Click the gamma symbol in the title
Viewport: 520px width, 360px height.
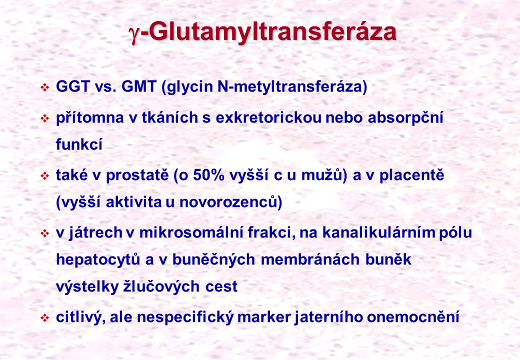pyautogui.click(x=133, y=35)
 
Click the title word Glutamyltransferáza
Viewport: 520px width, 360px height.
pyautogui.click(x=271, y=32)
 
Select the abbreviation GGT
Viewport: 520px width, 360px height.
pyautogui.click(x=73, y=86)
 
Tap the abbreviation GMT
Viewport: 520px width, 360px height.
pyautogui.click(x=139, y=86)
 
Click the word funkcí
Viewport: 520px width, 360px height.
pyautogui.click(x=79, y=144)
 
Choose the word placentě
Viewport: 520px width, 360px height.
pyautogui.click(x=411, y=175)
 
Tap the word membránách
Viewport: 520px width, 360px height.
pyautogui.click(x=310, y=259)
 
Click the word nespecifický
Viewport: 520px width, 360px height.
pyautogui.click(x=185, y=317)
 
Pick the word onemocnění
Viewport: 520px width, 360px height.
pyautogui.click(x=413, y=317)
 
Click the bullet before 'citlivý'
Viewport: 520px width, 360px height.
pyautogui.click(x=45, y=318)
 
